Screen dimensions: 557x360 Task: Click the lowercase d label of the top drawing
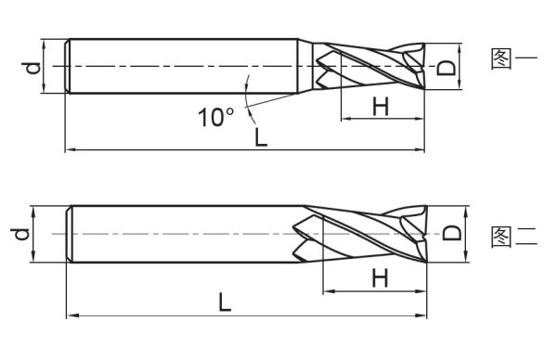pyautogui.click(x=32, y=68)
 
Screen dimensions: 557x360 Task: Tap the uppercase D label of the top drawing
pyautogui.click(x=446, y=68)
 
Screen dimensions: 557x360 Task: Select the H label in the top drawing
pyautogui.click(x=381, y=106)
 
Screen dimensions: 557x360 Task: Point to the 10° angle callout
pyautogui.click(x=215, y=117)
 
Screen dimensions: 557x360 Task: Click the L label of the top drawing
pyautogui.click(x=261, y=137)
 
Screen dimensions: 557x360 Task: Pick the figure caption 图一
pyautogui.click(x=514, y=58)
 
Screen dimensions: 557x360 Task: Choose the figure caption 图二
pyautogui.click(x=514, y=237)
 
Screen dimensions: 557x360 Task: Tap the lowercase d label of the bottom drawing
pyautogui.click(x=19, y=235)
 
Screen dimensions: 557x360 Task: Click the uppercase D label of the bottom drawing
pyautogui.click(x=452, y=233)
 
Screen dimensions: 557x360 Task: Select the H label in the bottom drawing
pyautogui.click(x=380, y=278)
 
